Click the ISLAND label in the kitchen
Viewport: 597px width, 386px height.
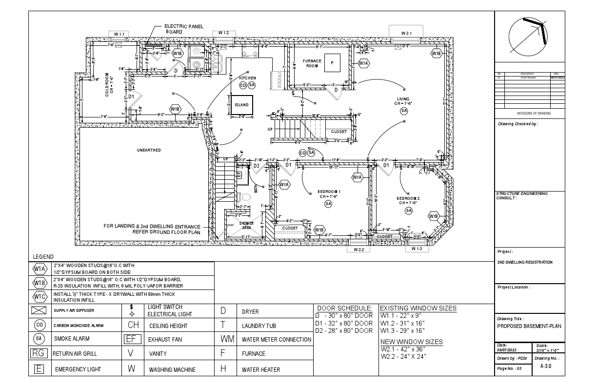(x=241, y=105)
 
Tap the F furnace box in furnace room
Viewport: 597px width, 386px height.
(x=332, y=63)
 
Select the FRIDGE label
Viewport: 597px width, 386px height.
(x=279, y=80)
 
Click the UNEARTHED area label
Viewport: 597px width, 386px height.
(x=149, y=150)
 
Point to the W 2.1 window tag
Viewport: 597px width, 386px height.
(x=407, y=33)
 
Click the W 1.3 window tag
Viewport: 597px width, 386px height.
(x=417, y=249)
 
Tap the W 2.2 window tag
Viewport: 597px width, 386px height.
(x=358, y=250)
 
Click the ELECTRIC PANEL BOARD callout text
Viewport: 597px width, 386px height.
(x=184, y=29)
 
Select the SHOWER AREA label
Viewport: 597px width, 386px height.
(x=246, y=225)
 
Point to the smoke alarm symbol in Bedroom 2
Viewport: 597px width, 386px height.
(x=409, y=211)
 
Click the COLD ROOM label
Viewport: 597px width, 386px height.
(x=110, y=85)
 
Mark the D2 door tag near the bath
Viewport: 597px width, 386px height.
(x=256, y=166)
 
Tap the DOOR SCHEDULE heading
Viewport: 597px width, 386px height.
(x=344, y=309)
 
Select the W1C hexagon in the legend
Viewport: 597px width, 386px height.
(x=40, y=296)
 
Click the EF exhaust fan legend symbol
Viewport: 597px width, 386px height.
(x=132, y=339)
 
